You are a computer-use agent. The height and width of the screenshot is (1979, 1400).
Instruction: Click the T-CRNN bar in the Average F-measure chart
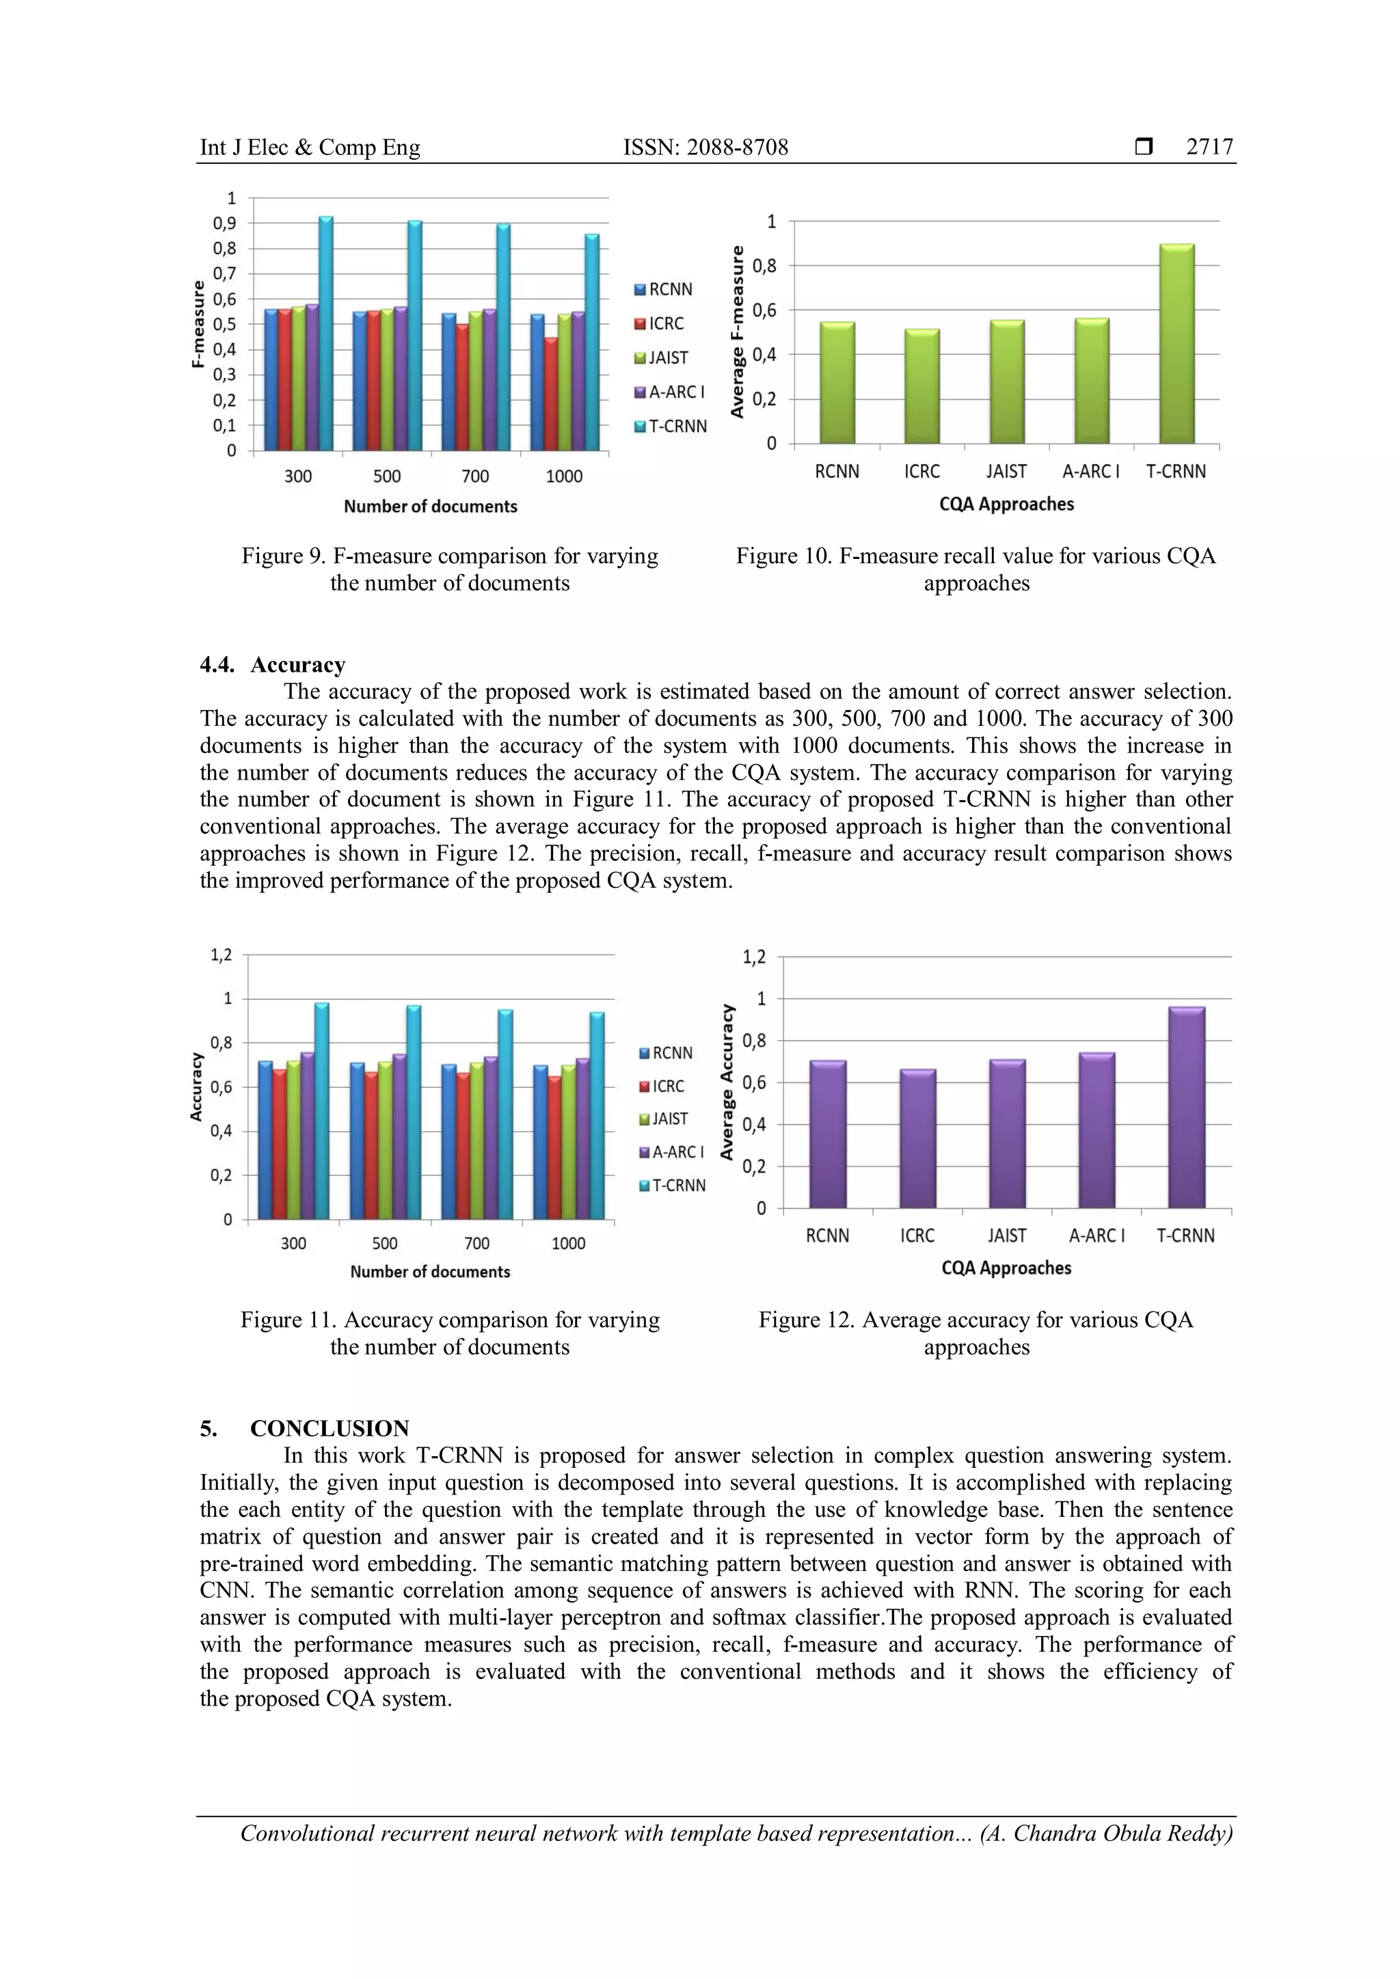[x=1176, y=345]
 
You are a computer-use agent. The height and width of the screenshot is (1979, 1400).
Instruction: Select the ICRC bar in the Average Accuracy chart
[x=917, y=1139]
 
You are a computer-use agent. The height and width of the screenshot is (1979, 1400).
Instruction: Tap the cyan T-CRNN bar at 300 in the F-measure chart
[x=326, y=334]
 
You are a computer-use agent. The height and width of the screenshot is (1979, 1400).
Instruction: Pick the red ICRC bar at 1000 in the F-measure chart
[x=550, y=395]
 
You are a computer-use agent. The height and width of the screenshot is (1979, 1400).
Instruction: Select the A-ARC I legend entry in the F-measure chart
[x=670, y=392]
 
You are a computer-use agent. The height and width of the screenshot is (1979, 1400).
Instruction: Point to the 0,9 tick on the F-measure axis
[x=225, y=223]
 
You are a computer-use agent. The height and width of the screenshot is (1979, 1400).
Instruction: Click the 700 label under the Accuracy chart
[x=476, y=1243]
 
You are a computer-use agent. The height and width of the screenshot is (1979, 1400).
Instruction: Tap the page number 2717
[x=1209, y=148]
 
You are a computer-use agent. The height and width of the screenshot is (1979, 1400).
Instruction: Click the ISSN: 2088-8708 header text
[x=705, y=148]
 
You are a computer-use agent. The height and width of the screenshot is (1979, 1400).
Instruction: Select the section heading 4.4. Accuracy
[x=273, y=664]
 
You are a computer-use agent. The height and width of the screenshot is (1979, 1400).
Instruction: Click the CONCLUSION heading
[x=329, y=1428]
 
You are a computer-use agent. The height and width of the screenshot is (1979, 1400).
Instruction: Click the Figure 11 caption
[x=449, y=1333]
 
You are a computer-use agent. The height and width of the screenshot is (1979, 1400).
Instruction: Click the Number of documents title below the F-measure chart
[x=430, y=507]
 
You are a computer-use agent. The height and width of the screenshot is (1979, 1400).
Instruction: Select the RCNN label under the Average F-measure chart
[x=836, y=472]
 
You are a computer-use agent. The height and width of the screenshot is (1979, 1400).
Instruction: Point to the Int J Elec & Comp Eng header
[x=310, y=148]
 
